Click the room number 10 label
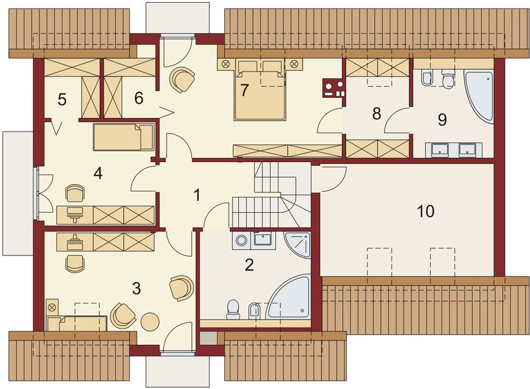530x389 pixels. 425,211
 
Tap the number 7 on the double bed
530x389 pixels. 244,89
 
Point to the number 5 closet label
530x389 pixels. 62,100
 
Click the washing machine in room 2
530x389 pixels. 242,241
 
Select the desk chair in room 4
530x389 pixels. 75,193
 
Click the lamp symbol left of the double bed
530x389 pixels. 226,64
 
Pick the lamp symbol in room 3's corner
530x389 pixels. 52,306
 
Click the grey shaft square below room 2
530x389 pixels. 208,338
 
